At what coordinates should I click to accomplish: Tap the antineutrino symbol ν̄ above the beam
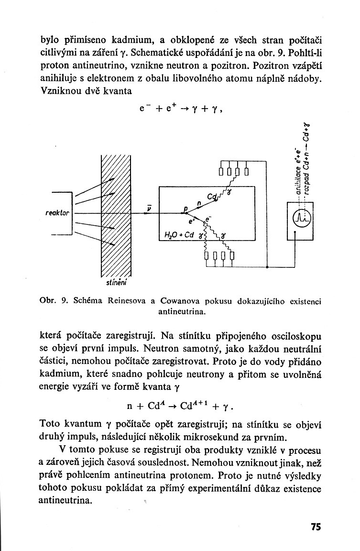(150, 208)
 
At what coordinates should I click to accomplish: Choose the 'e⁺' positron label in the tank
(193, 222)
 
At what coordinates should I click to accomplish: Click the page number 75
(316, 527)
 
